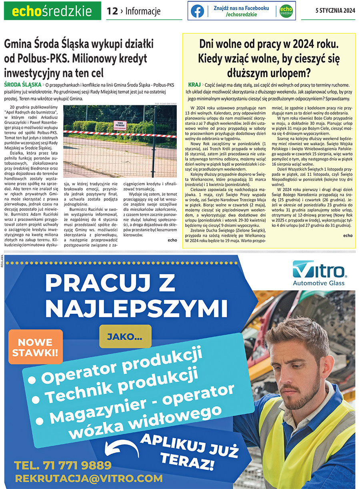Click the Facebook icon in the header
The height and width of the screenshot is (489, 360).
197,11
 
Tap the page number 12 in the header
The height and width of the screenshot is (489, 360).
112,12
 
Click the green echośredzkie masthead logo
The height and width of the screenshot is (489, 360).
52,12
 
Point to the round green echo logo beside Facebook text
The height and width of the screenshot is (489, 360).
286,11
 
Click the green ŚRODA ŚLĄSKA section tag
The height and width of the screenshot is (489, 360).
22,85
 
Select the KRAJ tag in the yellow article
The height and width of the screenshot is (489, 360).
194,85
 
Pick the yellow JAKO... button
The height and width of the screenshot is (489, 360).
125,337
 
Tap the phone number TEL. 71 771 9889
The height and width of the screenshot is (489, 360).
63,465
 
